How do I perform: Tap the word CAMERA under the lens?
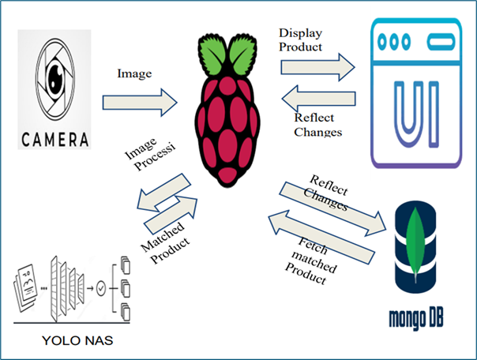tap(54, 140)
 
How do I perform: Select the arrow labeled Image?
tap(142, 101)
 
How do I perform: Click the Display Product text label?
tap(301, 39)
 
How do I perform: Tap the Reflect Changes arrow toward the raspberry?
tap(316, 100)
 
